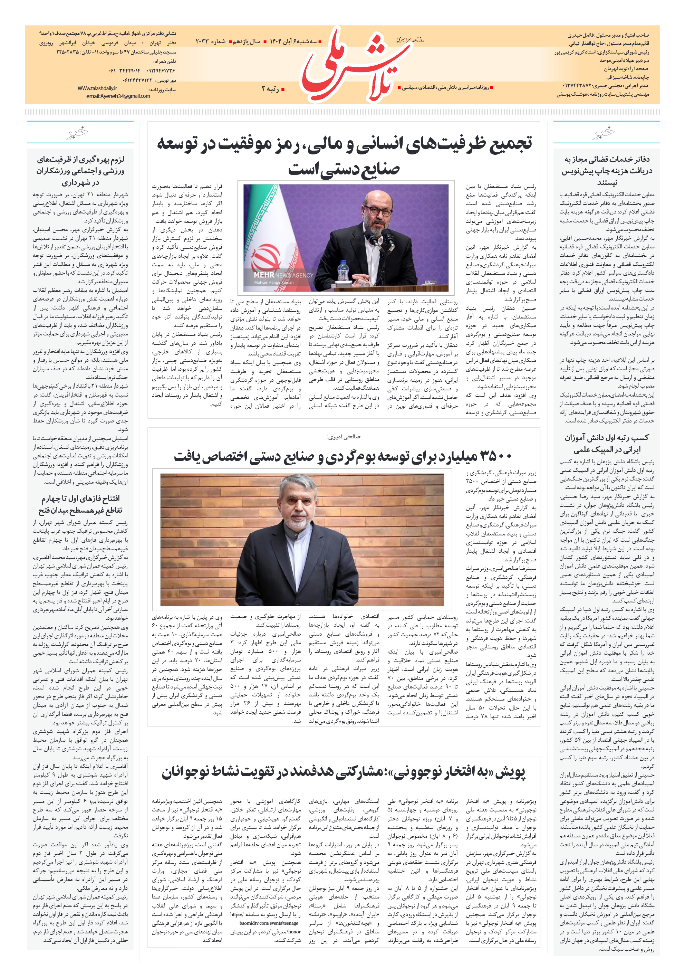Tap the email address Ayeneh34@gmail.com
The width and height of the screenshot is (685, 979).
(118, 96)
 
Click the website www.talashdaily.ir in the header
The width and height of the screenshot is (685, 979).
(97, 88)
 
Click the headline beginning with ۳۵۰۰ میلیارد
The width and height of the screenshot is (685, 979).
(343, 456)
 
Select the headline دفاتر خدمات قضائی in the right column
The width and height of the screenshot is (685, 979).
(607, 171)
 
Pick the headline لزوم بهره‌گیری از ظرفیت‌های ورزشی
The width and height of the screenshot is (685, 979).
(80, 171)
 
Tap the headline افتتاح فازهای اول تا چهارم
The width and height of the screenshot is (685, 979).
(80, 504)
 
